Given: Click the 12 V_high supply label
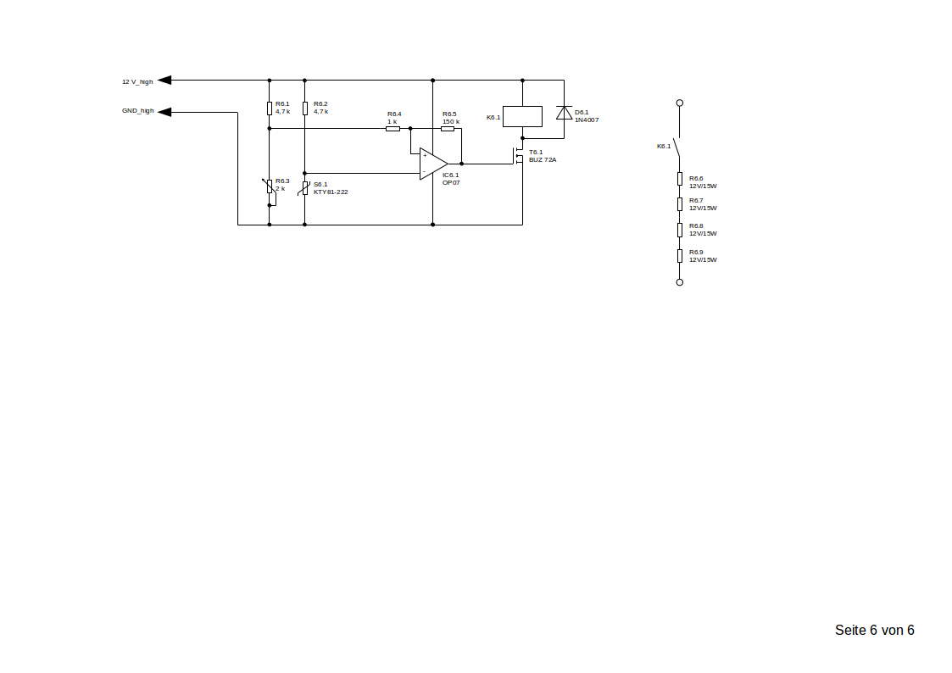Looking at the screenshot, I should pyautogui.click(x=137, y=81).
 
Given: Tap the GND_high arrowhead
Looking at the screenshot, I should pyautogui.click(x=164, y=112).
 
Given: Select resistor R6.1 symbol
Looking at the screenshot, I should pyautogui.click(x=270, y=108).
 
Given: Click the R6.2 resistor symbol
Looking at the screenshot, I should pyautogui.click(x=304, y=108).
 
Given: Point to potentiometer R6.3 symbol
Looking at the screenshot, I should pyautogui.click(x=270, y=186).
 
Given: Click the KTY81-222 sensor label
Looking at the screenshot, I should pyautogui.click(x=331, y=192).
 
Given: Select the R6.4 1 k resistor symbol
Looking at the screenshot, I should pyautogui.click(x=392, y=128).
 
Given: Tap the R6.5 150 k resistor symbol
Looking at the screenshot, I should pyautogui.click(x=448, y=128).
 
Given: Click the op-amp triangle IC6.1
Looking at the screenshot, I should pyautogui.click(x=432, y=164).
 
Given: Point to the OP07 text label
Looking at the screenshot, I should pyautogui.click(x=451, y=182).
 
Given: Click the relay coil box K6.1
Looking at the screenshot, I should pyautogui.click(x=522, y=116).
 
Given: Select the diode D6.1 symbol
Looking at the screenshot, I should pyautogui.click(x=564, y=113).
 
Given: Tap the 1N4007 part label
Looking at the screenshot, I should pyautogui.click(x=587, y=120).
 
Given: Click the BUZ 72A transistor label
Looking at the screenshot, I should pyautogui.click(x=543, y=159).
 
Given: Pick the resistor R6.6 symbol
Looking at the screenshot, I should pyautogui.click(x=679, y=178).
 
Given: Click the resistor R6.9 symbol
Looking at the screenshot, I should pyautogui.click(x=679, y=255).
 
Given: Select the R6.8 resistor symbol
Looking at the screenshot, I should pyautogui.click(x=679, y=229).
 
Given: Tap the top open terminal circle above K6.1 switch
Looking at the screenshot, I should pyautogui.click(x=679, y=103).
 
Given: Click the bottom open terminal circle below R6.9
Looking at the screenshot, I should pyautogui.click(x=679, y=282).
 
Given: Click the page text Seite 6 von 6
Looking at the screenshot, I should pyautogui.click(x=874, y=631).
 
